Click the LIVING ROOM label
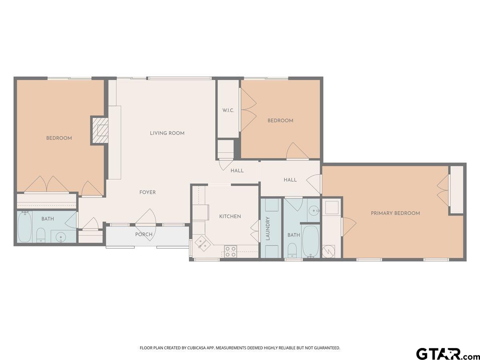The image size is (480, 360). pos(167,133)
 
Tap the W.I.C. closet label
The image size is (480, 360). pos(228,110)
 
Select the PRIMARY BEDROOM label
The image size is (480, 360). pos(395,213)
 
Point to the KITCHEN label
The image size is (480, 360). pos(230,216)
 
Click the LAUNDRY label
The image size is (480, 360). pos(268,229)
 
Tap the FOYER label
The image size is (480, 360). pos(148,192)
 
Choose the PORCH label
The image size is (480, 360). pos(144,234)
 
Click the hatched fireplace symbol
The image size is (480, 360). pos(100,130)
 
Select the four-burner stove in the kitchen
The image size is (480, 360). pos(230,252)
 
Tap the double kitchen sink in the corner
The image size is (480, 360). pos(203,243)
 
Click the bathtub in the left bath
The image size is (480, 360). pos(24,227)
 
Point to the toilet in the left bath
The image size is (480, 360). pos(40,235)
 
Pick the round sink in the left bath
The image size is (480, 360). pos(60,237)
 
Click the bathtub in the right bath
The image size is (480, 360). pos(311,242)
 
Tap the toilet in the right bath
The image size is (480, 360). pos(292,250)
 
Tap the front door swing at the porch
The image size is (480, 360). pos(146,225)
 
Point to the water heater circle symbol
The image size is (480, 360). pos(328,252)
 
